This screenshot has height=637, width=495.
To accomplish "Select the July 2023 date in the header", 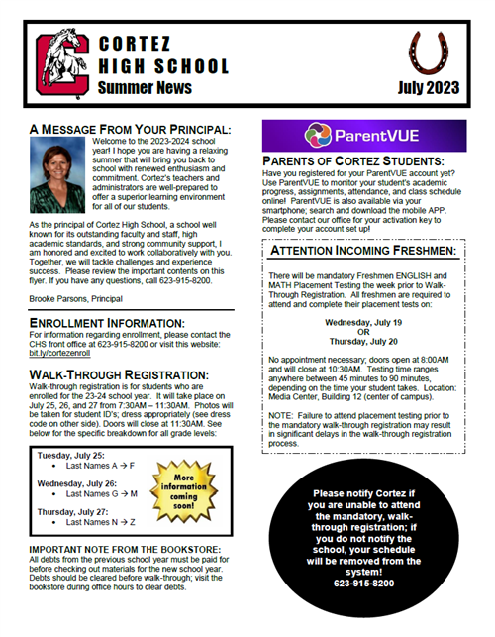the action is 429,89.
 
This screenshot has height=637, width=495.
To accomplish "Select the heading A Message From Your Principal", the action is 130,129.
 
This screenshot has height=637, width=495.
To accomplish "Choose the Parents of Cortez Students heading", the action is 351,160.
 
